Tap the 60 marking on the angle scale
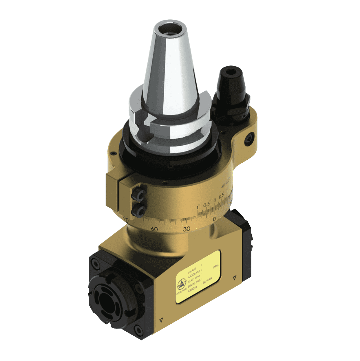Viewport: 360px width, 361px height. [154, 229]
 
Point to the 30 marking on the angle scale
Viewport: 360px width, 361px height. [187, 229]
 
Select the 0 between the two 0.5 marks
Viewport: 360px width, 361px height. [215, 200]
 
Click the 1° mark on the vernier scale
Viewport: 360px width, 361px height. [198, 207]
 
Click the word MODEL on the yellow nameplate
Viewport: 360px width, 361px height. [192, 270]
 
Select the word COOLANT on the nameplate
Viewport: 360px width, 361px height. [194, 274]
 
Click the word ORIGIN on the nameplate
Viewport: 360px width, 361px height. [192, 289]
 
